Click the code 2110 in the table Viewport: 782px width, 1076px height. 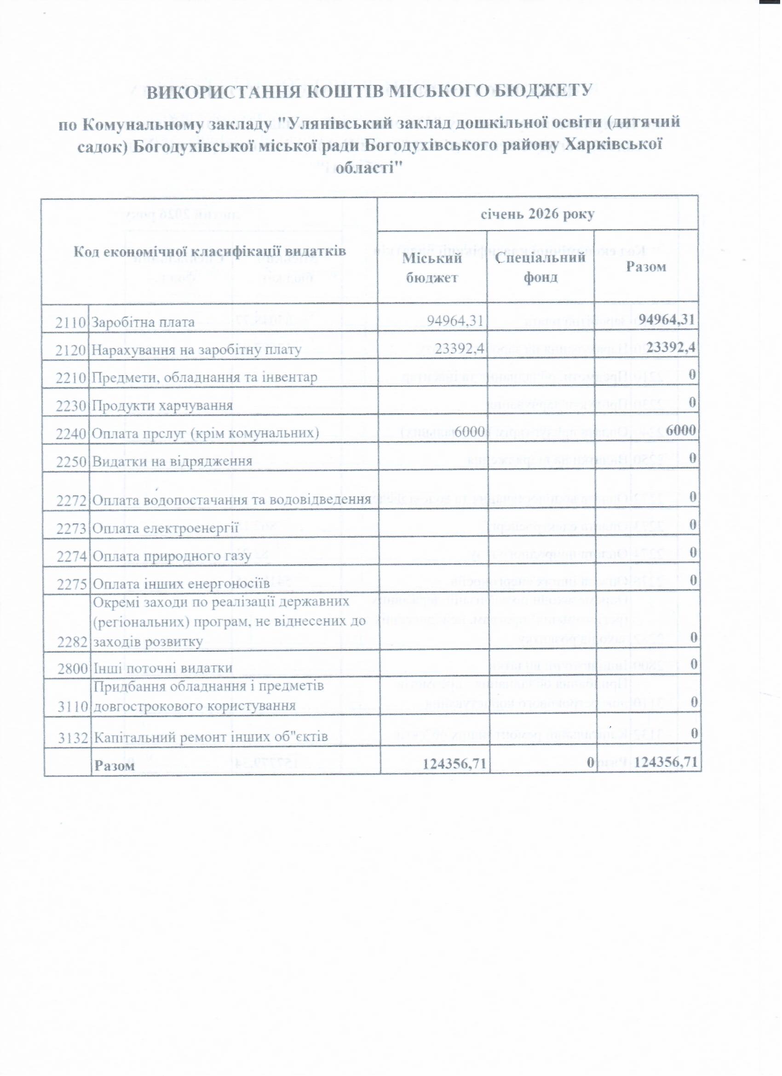point(71,323)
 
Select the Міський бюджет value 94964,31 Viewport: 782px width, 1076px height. point(455,321)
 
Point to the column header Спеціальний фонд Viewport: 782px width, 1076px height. point(540,267)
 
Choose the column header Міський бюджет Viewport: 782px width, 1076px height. point(431,268)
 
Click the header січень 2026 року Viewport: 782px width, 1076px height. point(538,214)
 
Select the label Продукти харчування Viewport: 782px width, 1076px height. point(162,405)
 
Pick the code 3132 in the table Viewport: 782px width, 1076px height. point(72,738)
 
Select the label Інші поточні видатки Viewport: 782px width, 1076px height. point(163,668)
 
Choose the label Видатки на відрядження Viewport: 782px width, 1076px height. point(172,462)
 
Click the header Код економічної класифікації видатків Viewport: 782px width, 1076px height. point(210,250)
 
